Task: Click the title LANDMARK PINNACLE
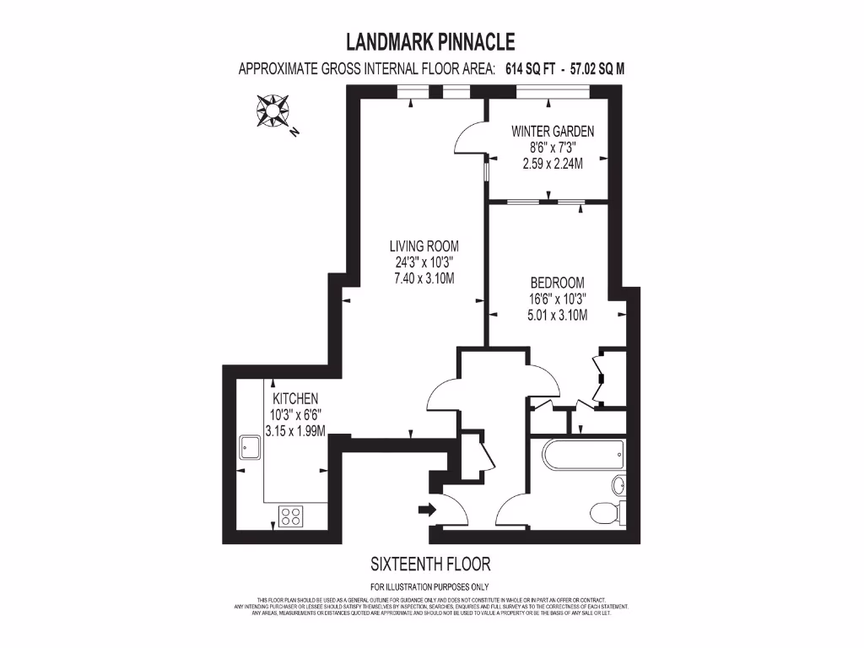click(430, 41)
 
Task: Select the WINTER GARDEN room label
click(553, 132)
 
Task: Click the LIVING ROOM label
click(424, 246)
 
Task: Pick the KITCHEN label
click(294, 398)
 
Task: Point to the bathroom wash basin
click(618, 486)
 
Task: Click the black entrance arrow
click(427, 509)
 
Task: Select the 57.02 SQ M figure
click(597, 70)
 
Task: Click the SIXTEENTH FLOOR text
click(430, 564)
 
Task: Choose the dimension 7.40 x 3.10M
click(424, 278)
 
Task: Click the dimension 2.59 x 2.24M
click(553, 164)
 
